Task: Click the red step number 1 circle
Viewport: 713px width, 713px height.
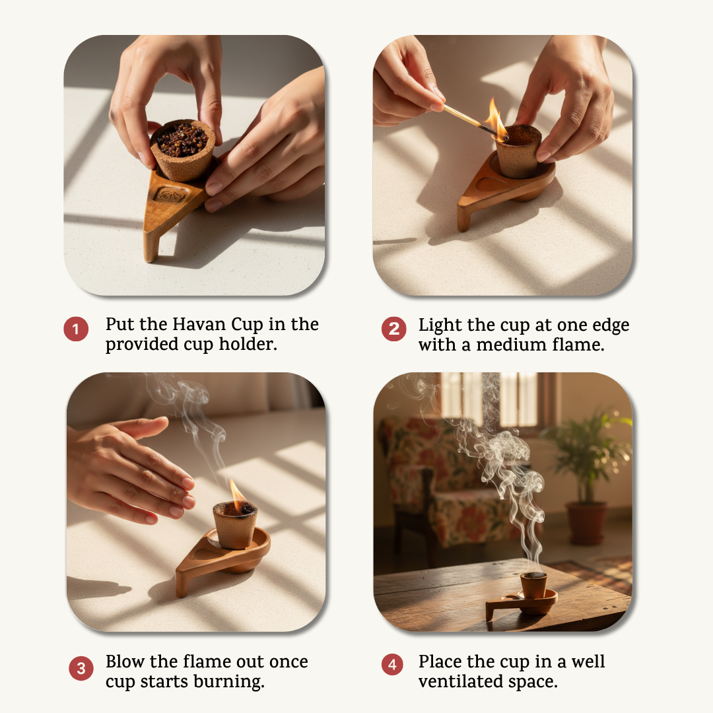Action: [76, 329]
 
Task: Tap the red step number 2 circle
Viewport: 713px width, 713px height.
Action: [393, 329]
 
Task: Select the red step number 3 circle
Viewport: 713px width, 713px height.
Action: [81, 668]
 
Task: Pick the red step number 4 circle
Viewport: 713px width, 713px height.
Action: [392, 665]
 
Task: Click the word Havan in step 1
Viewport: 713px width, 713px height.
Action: [199, 324]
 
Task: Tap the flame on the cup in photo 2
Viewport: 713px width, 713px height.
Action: [496, 118]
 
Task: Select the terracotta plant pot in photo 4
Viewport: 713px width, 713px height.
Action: [586, 522]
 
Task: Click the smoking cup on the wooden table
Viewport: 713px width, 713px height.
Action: [533, 586]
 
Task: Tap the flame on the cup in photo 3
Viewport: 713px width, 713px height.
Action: [238, 492]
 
